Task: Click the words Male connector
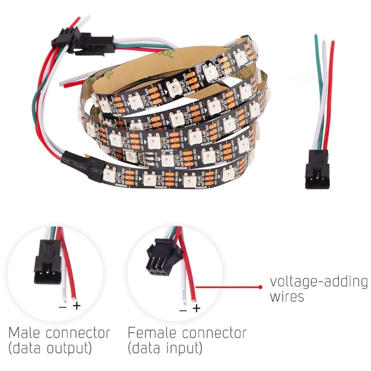[x=59, y=332]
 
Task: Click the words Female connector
[x=187, y=332]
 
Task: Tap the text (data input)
[x=165, y=348]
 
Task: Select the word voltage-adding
[x=319, y=282]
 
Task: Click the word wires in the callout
[x=287, y=297]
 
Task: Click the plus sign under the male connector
[x=77, y=306]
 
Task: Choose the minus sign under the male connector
[x=63, y=306]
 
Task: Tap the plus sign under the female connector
[x=196, y=309]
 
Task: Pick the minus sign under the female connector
[x=183, y=310]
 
